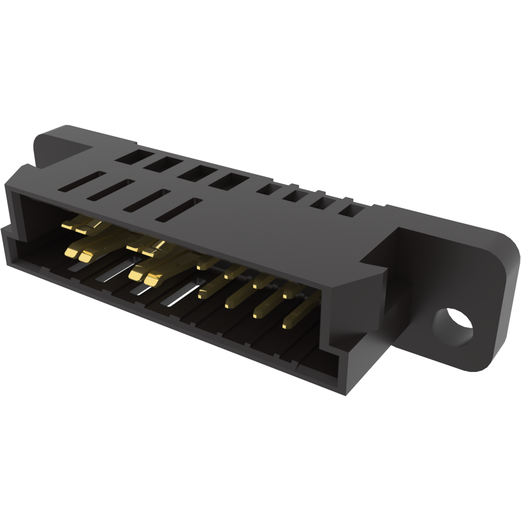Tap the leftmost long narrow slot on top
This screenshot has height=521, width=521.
82,183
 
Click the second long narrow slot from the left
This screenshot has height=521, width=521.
111,190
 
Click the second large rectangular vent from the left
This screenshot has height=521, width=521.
163,164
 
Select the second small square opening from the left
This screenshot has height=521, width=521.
295,196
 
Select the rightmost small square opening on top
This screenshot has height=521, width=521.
351,210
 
